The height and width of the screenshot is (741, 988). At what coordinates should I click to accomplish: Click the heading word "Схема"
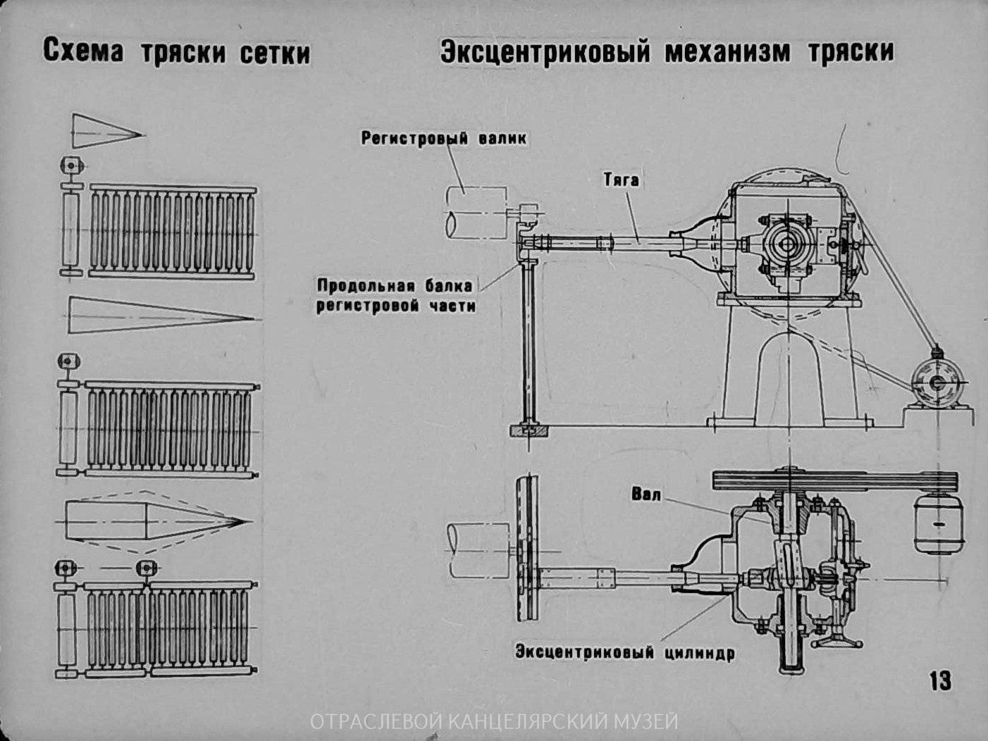coord(82,52)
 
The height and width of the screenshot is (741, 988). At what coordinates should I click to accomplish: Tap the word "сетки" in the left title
coord(275,53)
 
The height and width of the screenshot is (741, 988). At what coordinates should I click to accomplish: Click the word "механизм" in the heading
coord(728,51)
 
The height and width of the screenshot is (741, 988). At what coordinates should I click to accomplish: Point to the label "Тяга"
coord(621,180)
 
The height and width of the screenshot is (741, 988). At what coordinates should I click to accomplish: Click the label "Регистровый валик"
coord(443,138)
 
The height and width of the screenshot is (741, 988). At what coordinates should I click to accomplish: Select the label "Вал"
coord(646,494)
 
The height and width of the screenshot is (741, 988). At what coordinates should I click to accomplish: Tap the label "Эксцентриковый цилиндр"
coord(624,652)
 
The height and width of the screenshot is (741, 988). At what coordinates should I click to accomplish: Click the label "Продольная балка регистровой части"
coord(395,296)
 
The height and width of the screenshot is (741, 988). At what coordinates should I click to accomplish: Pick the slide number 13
coord(940,680)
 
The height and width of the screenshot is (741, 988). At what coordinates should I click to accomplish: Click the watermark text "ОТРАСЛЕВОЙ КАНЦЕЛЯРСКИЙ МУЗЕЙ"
coord(494,722)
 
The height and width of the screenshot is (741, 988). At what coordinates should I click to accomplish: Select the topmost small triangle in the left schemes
coord(106,131)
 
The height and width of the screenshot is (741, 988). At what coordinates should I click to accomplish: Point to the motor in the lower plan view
coord(939,524)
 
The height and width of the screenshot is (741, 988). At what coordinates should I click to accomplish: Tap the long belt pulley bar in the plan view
coord(835,480)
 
